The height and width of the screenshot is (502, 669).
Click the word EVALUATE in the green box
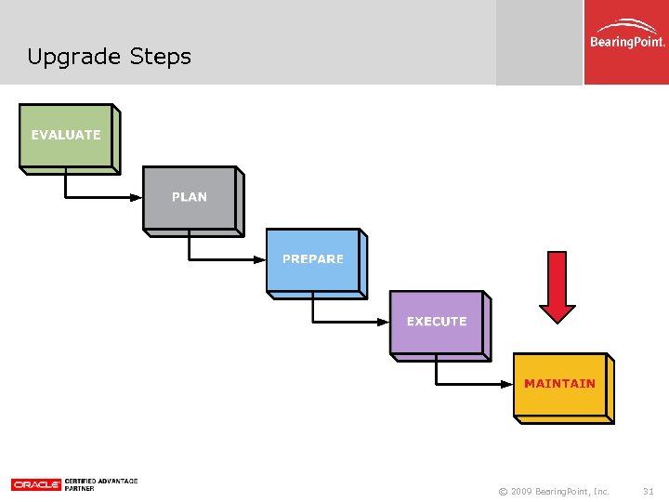[x=65, y=135]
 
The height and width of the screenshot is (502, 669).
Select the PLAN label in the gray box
[x=190, y=197]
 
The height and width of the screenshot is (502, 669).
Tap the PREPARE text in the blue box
[x=313, y=259]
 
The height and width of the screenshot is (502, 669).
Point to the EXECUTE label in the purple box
[x=437, y=322]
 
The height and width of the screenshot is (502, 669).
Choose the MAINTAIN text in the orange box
[x=559, y=383]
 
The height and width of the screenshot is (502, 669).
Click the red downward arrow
[x=557, y=285]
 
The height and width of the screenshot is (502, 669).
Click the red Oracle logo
[x=36, y=484]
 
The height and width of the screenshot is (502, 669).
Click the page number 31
[x=649, y=491]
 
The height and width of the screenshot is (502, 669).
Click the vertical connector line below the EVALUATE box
[x=65, y=184]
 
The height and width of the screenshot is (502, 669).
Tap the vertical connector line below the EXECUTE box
[x=437, y=370]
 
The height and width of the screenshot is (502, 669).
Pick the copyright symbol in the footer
[x=503, y=491]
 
